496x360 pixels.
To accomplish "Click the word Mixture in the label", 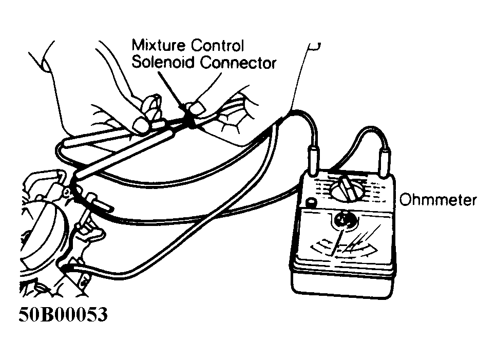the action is [159, 45].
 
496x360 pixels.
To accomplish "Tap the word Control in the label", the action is [217, 45].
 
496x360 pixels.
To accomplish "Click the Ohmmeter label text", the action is [438, 200].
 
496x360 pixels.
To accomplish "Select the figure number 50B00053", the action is [63, 314].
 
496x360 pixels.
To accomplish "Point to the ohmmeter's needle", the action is [337, 242].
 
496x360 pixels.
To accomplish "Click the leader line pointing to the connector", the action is [171, 92].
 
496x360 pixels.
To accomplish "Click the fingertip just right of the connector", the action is [196, 107].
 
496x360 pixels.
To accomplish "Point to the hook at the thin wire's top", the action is [314, 46].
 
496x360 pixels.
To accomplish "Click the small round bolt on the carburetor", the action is [66, 192].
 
